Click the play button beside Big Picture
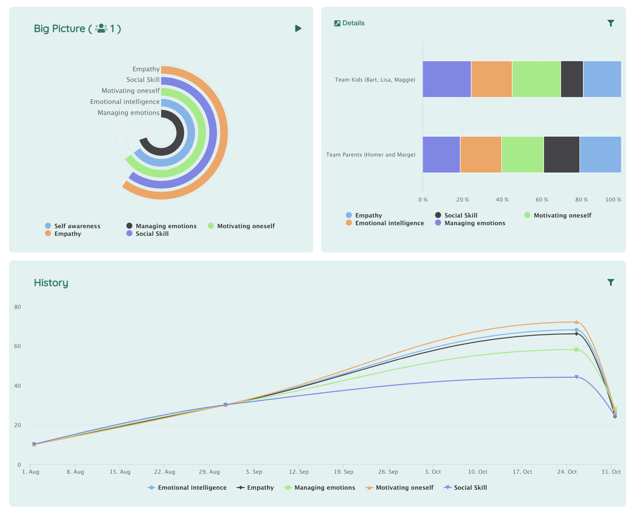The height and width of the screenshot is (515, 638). click(x=298, y=28)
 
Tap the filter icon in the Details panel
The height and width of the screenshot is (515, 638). click(x=611, y=23)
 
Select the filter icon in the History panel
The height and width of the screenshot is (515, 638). click(x=611, y=282)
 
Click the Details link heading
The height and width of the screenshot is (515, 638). click(x=349, y=23)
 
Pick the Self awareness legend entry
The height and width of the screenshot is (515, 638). click(x=73, y=226)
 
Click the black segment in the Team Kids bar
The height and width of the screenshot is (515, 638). click(x=572, y=79)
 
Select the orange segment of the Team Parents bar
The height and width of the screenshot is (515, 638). click(x=481, y=155)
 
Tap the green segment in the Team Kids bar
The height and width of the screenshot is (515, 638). click(x=536, y=79)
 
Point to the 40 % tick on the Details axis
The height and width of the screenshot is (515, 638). click(x=502, y=200)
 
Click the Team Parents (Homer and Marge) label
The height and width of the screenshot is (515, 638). click(x=371, y=155)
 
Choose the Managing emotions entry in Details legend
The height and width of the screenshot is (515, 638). click(x=470, y=223)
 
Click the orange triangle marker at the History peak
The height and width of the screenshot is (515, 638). click(x=576, y=322)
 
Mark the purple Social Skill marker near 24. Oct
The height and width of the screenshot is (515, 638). click(x=576, y=377)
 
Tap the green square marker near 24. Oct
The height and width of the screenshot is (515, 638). click(x=576, y=349)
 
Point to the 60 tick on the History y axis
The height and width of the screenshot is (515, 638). click(x=17, y=346)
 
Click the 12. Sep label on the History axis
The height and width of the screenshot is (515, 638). click(x=299, y=472)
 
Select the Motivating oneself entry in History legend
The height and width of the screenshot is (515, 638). click(x=399, y=487)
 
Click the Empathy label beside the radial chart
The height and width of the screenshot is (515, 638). click(x=146, y=69)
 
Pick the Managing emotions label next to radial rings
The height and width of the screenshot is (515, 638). click(x=128, y=113)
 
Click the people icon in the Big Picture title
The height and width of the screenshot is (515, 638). click(x=101, y=28)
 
